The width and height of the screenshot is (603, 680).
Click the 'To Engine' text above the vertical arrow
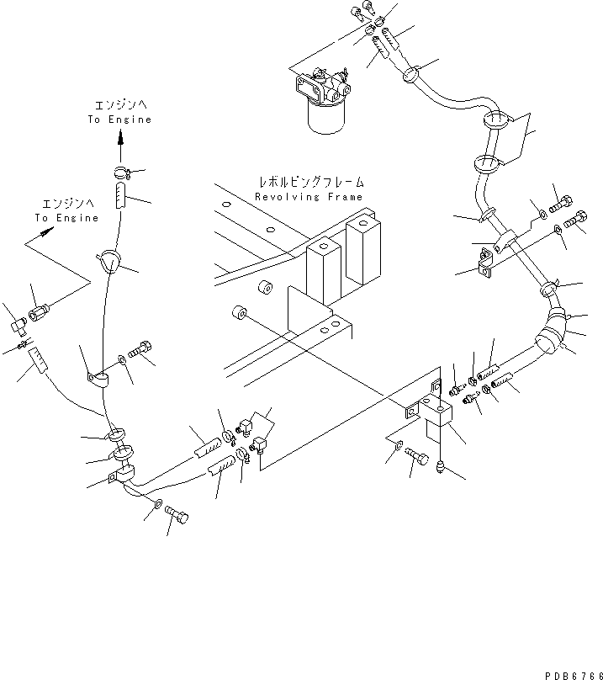120,120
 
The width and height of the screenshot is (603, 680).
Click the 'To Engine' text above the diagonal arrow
66,218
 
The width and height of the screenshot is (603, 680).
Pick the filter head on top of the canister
323,84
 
